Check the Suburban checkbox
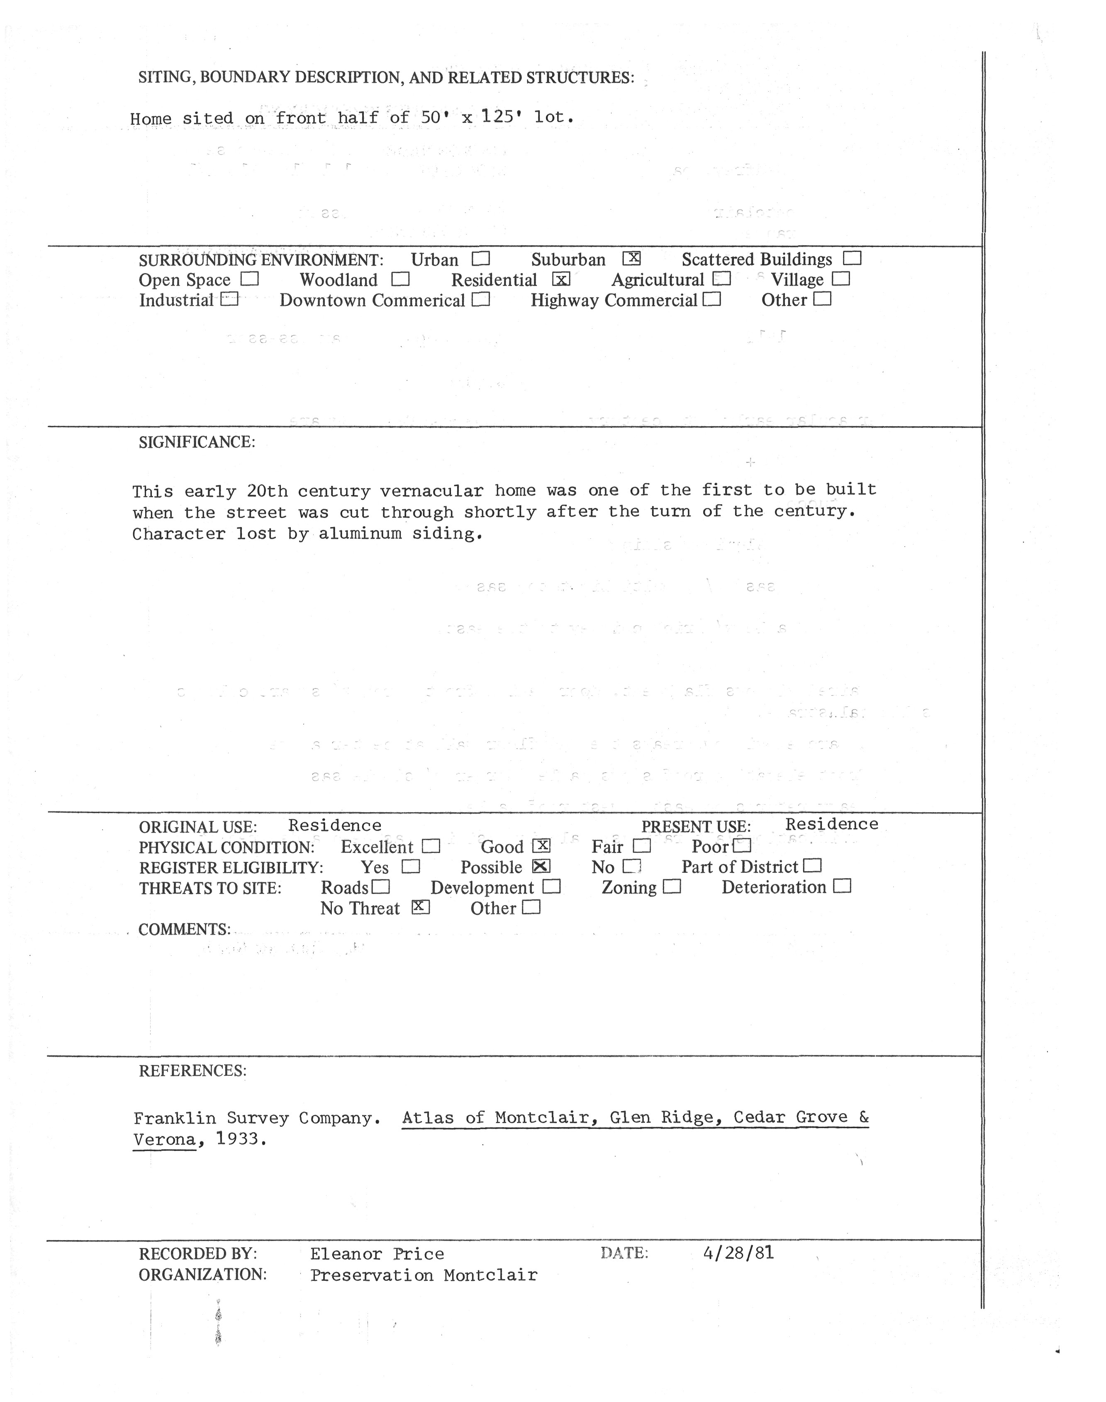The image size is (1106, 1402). point(631,259)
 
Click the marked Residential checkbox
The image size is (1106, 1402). point(561,279)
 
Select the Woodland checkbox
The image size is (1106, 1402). point(401,279)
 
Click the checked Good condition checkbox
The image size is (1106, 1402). point(541,845)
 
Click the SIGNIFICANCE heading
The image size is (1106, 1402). point(197,442)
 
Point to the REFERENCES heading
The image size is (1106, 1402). point(192,1071)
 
